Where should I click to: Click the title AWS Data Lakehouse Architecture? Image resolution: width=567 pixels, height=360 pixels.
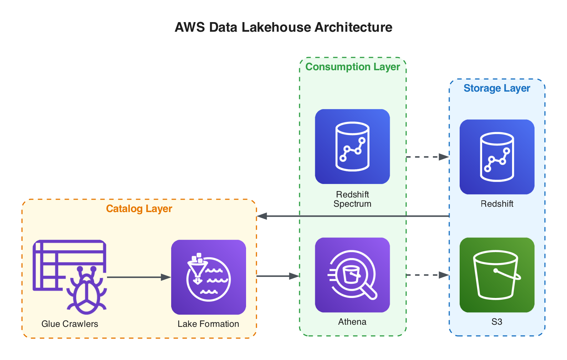pyautogui.click(x=283, y=27)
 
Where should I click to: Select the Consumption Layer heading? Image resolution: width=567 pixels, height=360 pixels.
pyautogui.click(x=353, y=67)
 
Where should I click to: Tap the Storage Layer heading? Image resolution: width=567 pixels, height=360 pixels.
pyautogui.click(x=497, y=88)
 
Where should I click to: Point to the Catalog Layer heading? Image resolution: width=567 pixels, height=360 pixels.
pyautogui.click(x=139, y=209)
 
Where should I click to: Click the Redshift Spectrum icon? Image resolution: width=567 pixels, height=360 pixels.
pyautogui.click(x=352, y=146)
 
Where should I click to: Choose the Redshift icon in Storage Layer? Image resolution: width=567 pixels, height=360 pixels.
pyautogui.click(x=497, y=157)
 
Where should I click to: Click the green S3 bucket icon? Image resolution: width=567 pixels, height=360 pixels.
pyautogui.click(x=497, y=275)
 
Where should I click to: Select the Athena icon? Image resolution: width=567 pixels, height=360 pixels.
pyautogui.click(x=352, y=275)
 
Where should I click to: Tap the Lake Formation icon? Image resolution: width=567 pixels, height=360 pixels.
pyautogui.click(x=209, y=277)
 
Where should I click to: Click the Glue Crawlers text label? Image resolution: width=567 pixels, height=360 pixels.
pyautogui.click(x=70, y=324)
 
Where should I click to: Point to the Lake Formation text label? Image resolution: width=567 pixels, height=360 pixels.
pyautogui.click(x=208, y=324)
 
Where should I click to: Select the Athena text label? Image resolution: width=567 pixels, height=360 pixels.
pyautogui.click(x=352, y=322)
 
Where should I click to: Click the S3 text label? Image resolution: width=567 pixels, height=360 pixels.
pyautogui.click(x=497, y=322)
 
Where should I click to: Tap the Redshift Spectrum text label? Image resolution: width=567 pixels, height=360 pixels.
pyautogui.click(x=352, y=199)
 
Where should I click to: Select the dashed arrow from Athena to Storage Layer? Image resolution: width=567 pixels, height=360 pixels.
pyautogui.click(x=427, y=275)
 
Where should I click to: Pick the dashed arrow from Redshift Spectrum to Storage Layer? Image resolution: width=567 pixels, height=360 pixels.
pyautogui.click(x=427, y=157)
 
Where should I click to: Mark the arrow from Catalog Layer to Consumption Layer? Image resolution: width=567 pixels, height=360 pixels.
pyautogui.click(x=277, y=276)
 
